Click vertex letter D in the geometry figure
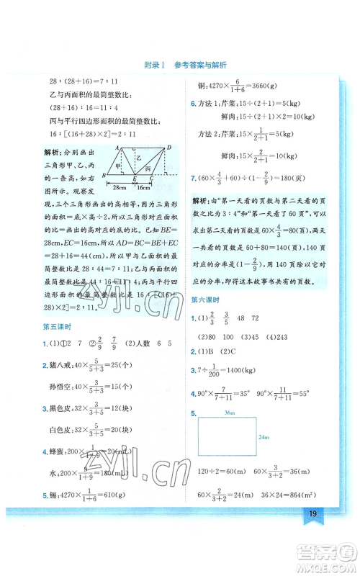point(168,148)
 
